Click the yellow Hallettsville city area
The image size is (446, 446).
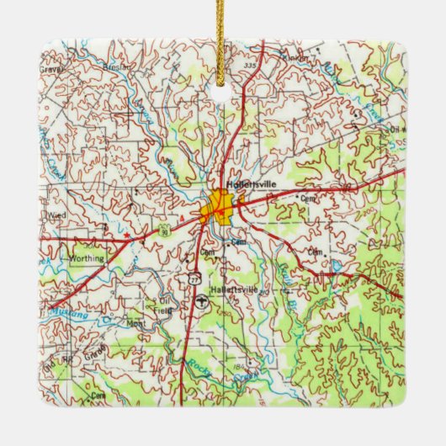coord(220,207)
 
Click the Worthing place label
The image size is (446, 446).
coord(88,258)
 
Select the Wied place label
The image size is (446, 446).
coord(57,215)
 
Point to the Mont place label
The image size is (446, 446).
coord(136,323)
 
